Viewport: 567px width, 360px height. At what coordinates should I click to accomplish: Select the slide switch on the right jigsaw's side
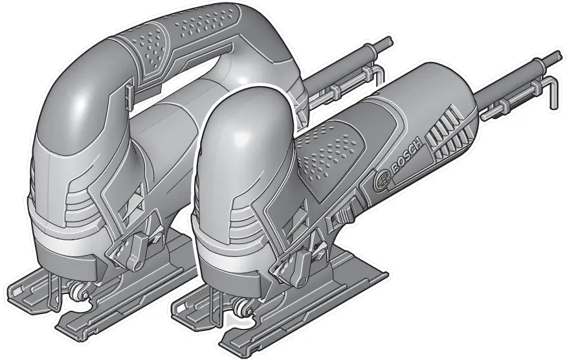point(342,218)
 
